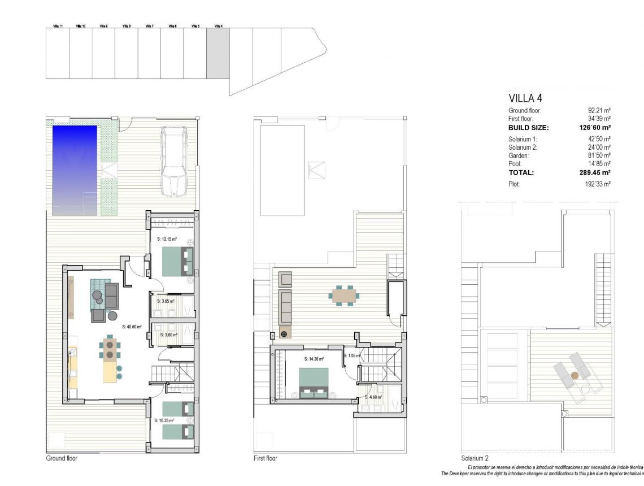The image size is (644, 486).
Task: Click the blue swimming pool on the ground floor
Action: (75, 170)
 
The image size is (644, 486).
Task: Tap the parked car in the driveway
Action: (173, 161)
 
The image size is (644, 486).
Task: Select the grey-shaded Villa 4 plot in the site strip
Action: (218, 53)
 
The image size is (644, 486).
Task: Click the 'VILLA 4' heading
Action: (525, 98)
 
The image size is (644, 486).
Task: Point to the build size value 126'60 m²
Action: (595, 128)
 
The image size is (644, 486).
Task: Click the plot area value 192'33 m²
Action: (598, 184)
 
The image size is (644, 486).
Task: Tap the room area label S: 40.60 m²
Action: (132, 326)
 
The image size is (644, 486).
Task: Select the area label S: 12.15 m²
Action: (167, 240)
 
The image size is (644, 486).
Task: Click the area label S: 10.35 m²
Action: (164, 420)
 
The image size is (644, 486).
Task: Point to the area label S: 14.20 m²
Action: (314, 359)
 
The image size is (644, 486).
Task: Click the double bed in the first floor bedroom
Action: (313, 384)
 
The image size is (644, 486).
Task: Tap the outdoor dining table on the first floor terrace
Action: (345, 296)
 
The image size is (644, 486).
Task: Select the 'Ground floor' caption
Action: (62, 458)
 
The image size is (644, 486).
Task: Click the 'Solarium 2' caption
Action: (475, 458)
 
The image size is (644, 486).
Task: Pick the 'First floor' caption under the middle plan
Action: (266, 458)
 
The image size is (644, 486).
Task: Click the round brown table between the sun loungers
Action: (575, 375)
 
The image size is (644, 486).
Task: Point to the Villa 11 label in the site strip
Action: (58, 26)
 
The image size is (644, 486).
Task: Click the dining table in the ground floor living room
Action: (110, 348)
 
